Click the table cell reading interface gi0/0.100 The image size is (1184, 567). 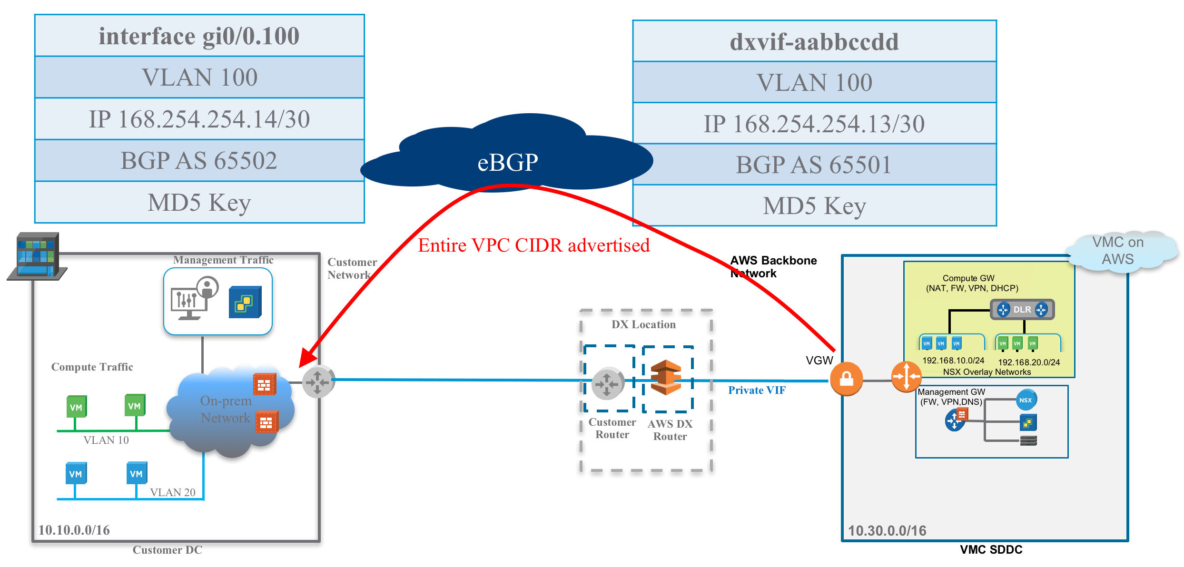coord(199,36)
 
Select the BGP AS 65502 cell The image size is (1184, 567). coord(199,161)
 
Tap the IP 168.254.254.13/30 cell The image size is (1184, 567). coord(814,124)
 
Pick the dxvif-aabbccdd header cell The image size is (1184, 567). coord(814,42)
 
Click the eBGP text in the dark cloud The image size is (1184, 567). coord(508,163)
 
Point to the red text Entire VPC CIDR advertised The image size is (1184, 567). coord(533,245)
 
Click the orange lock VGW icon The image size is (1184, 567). coord(846,379)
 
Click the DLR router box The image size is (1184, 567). coord(1022,310)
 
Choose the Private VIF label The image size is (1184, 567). coord(757,391)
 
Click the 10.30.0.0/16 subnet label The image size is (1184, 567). coord(887,531)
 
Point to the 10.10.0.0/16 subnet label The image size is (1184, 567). coord(74,530)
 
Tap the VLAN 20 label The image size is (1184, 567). coord(173,492)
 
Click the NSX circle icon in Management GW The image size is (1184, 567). coord(1026,400)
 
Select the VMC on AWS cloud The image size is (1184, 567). coord(1118,251)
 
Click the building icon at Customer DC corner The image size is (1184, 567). coord(37,256)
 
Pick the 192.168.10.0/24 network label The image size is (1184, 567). coord(953,361)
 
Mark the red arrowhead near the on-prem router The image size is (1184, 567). coord(306,360)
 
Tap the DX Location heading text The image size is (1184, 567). coord(643,324)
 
